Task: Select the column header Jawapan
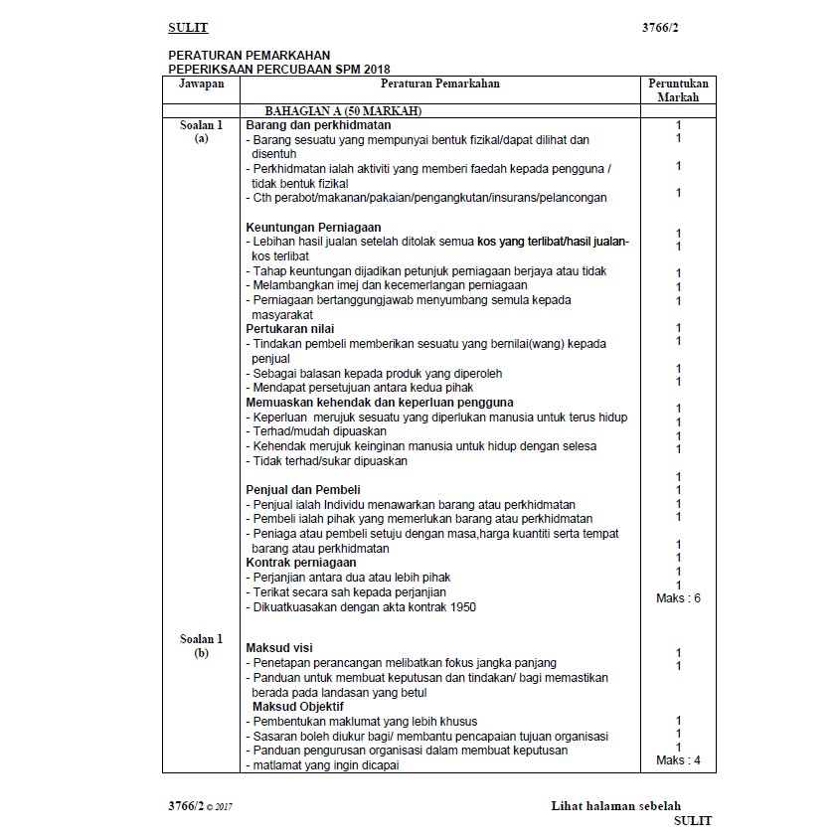202,84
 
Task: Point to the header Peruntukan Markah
678,90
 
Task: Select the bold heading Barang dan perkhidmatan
318,125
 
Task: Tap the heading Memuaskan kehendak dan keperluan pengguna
380,402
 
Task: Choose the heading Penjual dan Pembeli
303,490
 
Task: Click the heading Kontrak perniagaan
300,563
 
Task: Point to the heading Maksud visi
279,648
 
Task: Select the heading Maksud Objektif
298,706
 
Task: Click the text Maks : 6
678,598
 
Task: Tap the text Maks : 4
678,760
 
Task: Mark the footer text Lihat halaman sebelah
616,806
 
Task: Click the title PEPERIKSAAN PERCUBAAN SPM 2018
279,69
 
